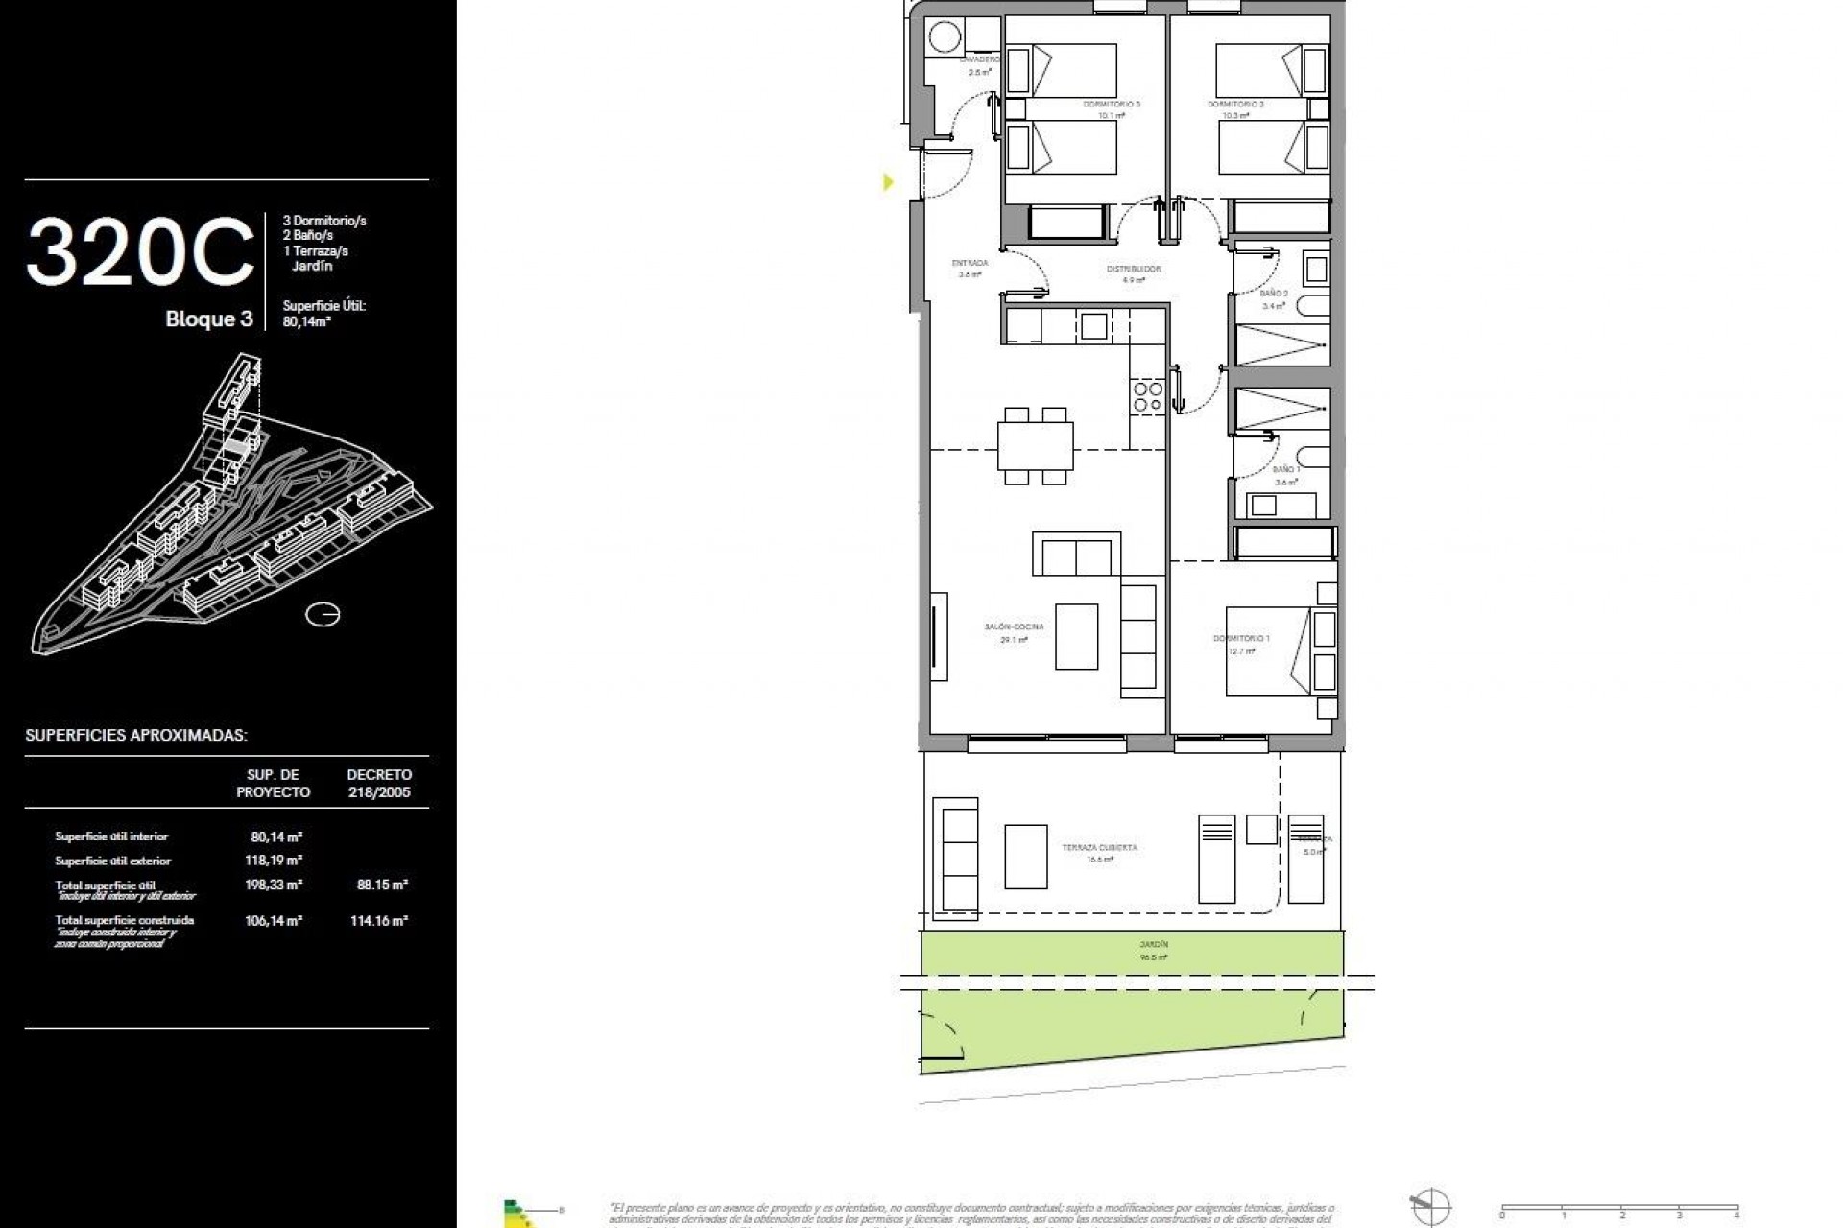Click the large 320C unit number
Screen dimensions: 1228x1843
point(140,252)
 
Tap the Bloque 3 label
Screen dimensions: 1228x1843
point(208,319)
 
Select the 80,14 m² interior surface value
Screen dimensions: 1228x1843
point(276,837)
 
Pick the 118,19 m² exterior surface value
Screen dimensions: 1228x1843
point(274,861)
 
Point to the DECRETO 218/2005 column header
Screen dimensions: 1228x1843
point(379,783)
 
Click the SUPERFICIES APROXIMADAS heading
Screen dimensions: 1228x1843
point(136,736)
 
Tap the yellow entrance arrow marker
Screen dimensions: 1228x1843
point(888,181)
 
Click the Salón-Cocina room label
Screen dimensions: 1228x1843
point(1014,627)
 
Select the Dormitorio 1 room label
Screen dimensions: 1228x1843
point(1241,639)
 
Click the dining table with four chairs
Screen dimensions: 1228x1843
point(1035,446)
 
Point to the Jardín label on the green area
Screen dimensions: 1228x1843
point(1154,945)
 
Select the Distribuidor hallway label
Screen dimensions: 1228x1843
point(1134,270)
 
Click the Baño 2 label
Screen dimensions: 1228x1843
point(1274,294)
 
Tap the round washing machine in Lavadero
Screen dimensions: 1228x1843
point(945,38)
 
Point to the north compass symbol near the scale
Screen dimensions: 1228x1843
point(1430,1206)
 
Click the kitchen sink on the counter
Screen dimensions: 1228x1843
point(1093,326)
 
